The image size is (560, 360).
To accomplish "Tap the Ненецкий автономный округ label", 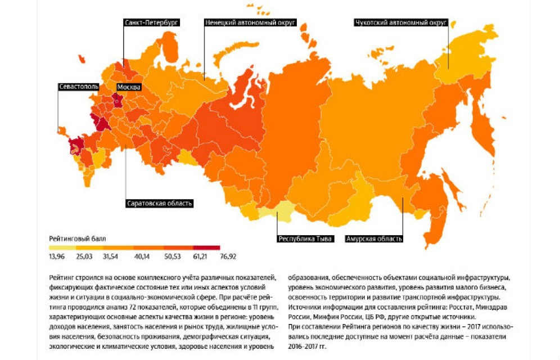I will (250, 22).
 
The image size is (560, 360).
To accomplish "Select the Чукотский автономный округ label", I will (401, 22).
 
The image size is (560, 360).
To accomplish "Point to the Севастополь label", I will (79, 87).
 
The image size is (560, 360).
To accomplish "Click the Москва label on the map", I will (129, 87).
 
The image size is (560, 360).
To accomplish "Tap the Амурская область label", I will (374, 238).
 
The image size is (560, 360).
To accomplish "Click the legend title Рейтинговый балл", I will (77, 238).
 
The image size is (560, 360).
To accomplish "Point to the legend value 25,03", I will (84, 256).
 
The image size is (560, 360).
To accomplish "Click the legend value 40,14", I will (141, 256).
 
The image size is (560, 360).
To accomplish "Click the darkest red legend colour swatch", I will (206, 247).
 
